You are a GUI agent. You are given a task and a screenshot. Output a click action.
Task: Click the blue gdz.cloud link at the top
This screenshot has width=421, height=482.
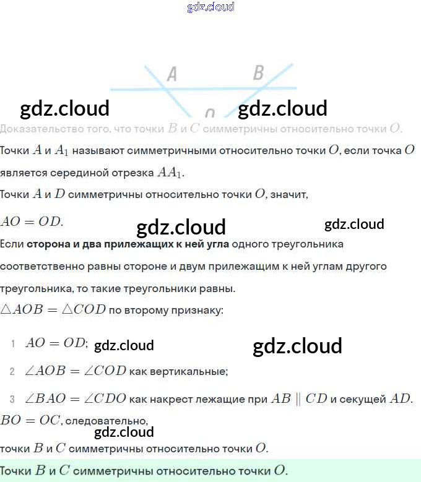(210, 7)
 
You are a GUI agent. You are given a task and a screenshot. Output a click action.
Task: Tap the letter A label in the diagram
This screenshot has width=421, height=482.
(172, 75)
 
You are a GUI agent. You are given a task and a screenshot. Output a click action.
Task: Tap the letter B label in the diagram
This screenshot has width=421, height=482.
(258, 73)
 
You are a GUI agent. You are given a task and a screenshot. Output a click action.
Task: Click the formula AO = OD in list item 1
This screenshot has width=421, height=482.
(56, 344)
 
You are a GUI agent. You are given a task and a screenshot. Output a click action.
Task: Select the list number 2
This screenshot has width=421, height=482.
(12, 372)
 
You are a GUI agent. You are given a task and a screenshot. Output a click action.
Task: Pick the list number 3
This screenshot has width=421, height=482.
(12, 399)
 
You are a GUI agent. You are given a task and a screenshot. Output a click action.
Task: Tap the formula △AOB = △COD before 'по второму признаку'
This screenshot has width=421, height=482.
(53, 310)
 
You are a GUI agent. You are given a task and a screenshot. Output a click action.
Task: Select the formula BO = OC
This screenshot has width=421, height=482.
(30, 421)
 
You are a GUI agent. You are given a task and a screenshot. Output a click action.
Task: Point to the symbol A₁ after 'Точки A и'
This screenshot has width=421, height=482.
(61, 151)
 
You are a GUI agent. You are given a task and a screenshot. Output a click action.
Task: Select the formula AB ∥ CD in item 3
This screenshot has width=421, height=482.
(298, 399)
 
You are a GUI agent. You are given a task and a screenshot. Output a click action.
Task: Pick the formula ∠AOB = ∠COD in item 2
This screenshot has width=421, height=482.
(76, 372)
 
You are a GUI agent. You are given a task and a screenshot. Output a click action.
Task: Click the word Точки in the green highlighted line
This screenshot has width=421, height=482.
(16, 470)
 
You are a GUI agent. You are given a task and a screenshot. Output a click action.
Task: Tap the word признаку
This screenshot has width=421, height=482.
(196, 310)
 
